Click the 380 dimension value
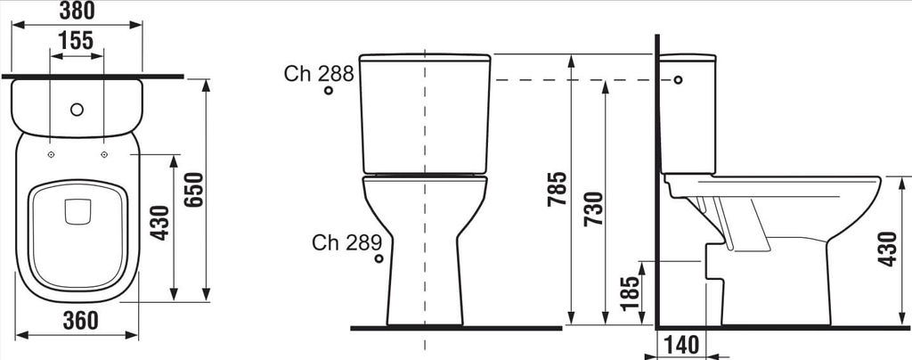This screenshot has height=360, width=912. pos(77,10)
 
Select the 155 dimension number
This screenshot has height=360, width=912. pos(77,41)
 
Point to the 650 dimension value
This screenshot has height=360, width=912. pos(194,190)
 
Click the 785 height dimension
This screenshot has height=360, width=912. pos(558,188)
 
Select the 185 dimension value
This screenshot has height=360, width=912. pos(631,293)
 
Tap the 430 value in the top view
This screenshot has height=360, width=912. pos(160,223)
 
